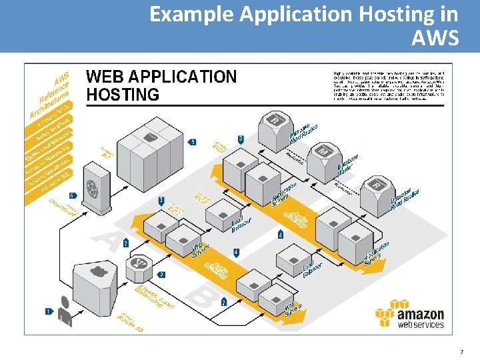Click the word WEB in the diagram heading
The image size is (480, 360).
tap(106, 77)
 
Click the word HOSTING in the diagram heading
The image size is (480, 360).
tap(123, 95)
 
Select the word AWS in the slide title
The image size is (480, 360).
tap(435, 38)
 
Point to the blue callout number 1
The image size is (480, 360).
tap(48, 311)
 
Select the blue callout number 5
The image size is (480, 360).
tap(193, 142)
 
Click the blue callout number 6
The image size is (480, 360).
tap(72, 196)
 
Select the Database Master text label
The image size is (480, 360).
tap(347, 164)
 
